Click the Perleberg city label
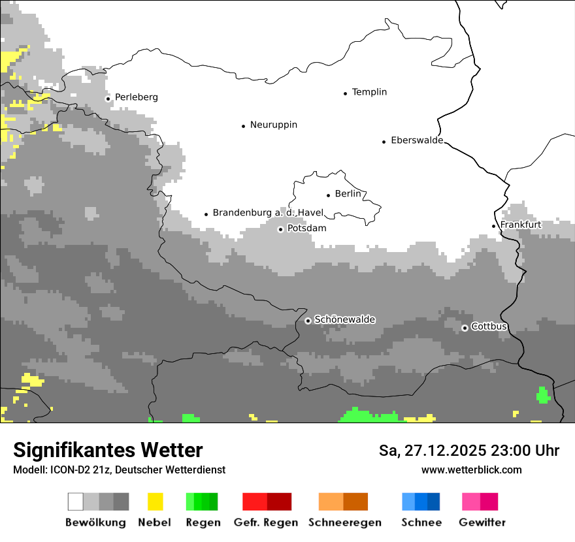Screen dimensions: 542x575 click(x=136, y=97)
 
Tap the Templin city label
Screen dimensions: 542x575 click(x=369, y=92)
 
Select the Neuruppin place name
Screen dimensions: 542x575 click(x=273, y=125)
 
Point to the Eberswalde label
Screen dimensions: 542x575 click(x=416, y=140)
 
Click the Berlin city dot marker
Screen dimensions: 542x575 click(x=328, y=195)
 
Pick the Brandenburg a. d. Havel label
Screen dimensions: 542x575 click(x=268, y=213)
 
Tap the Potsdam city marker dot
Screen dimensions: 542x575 click(x=280, y=229)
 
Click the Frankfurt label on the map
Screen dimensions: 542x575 click(x=520, y=225)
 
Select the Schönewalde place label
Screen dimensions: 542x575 click(x=344, y=319)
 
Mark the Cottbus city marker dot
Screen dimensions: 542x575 click(x=465, y=328)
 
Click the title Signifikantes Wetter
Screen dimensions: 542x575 click(x=108, y=450)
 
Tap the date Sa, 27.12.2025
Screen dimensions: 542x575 click(x=431, y=451)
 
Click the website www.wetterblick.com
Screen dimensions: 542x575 click(x=471, y=470)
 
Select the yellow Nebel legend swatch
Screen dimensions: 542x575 click(x=155, y=502)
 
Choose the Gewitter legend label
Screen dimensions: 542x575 click(x=482, y=522)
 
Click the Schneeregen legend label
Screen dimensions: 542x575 click(x=344, y=522)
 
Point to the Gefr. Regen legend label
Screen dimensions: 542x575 click(x=265, y=522)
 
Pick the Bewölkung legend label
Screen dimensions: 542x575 click(x=95, y=522)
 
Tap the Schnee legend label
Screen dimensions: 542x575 click(x=421, y=522)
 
